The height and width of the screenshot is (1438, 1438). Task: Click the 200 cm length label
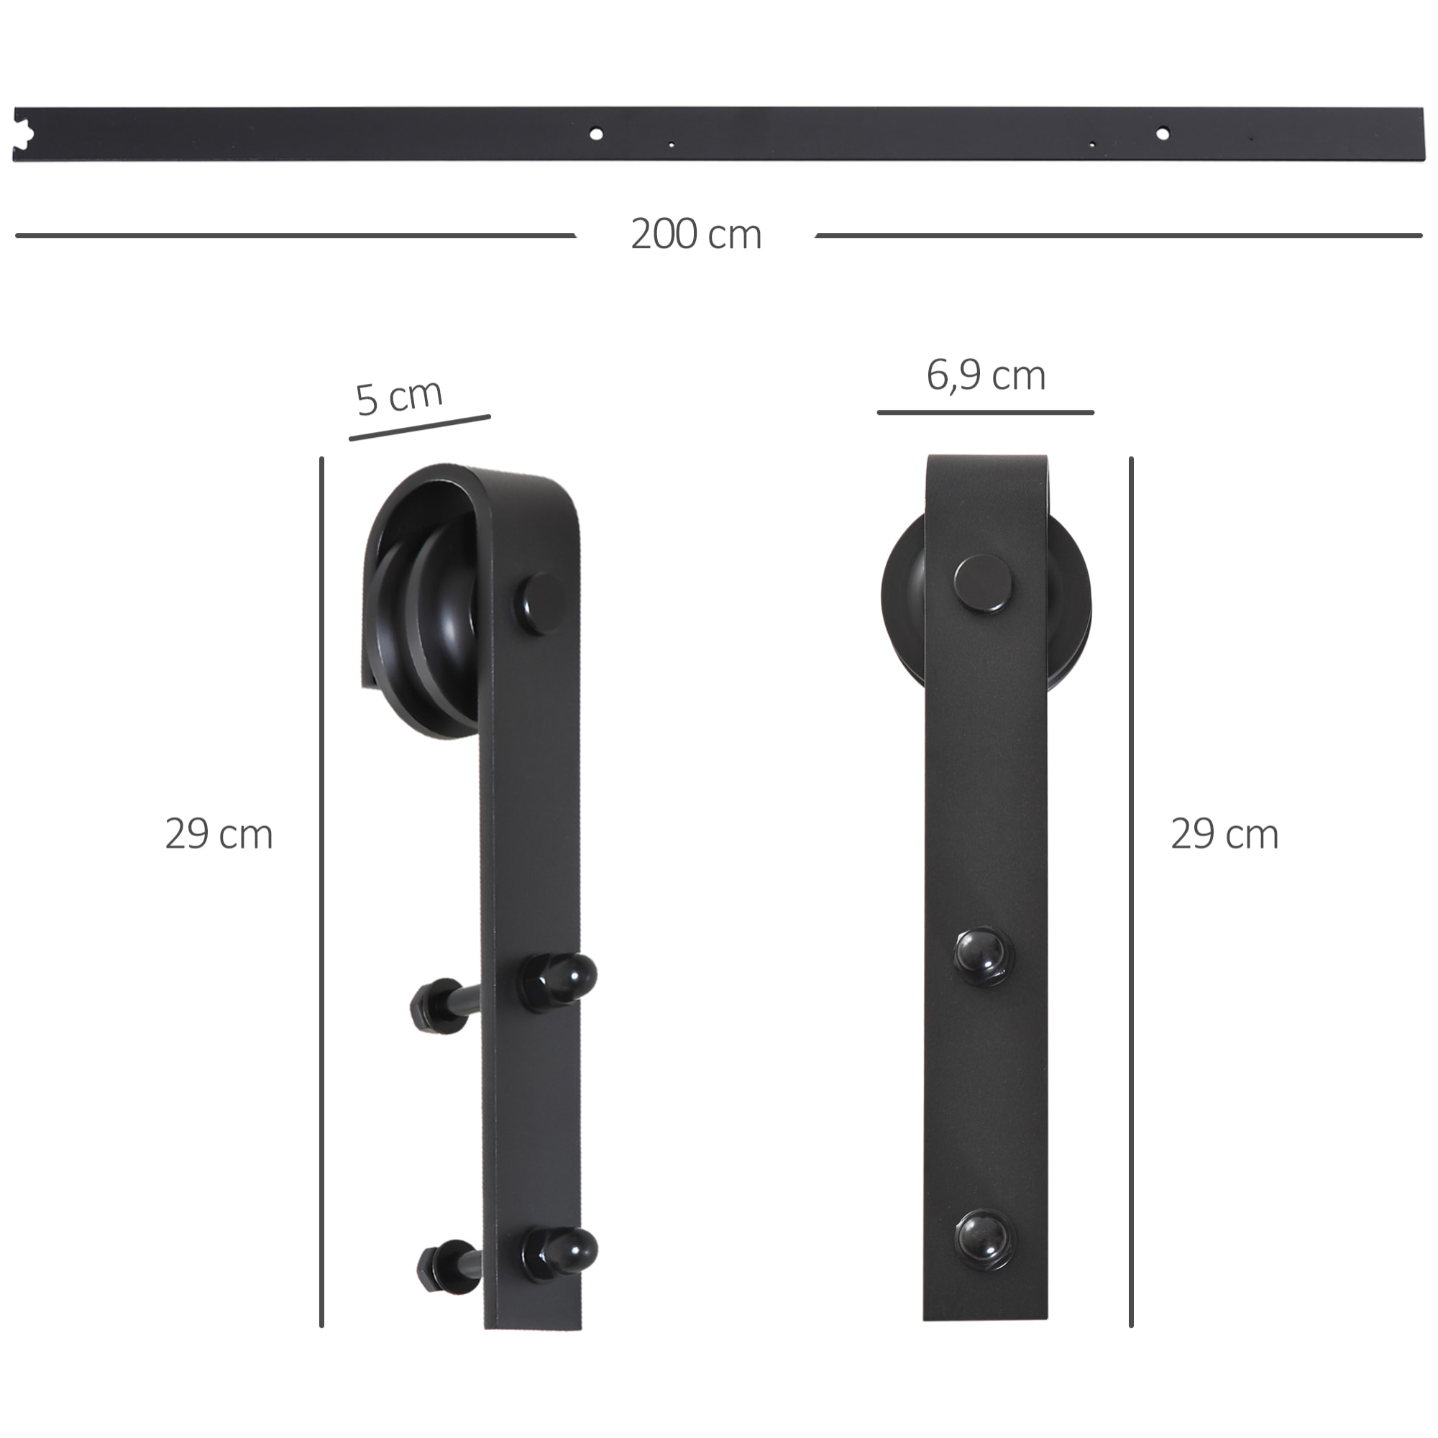pos(696,234)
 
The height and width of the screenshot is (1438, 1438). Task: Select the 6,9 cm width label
pos(986,376)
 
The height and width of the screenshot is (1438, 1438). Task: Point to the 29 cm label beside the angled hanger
pos(219,834)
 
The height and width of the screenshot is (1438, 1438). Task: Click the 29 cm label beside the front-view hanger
pos(1224,834)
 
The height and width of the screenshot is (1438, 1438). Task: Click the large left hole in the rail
pos(595,134)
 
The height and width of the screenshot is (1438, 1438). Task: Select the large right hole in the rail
pos(1162,134)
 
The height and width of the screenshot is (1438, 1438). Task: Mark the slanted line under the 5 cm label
pos(420,427)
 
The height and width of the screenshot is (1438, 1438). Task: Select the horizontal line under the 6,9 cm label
pos(985,411)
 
